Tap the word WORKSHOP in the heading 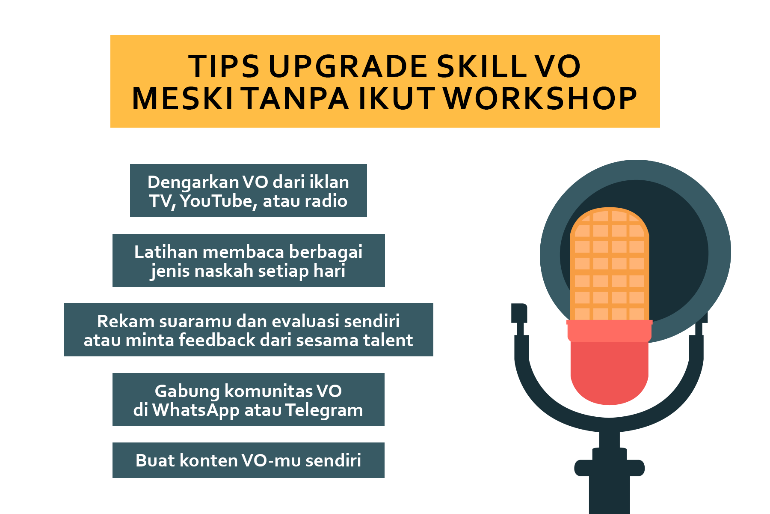[x=540, y=99]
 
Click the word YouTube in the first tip [x=218, y=201]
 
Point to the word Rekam [x=121, y=321]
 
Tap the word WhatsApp [x=195, y=410]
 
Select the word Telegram [x=324, y=410]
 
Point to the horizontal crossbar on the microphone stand [x=609, y=468]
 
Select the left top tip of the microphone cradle [x=519, y=305]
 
